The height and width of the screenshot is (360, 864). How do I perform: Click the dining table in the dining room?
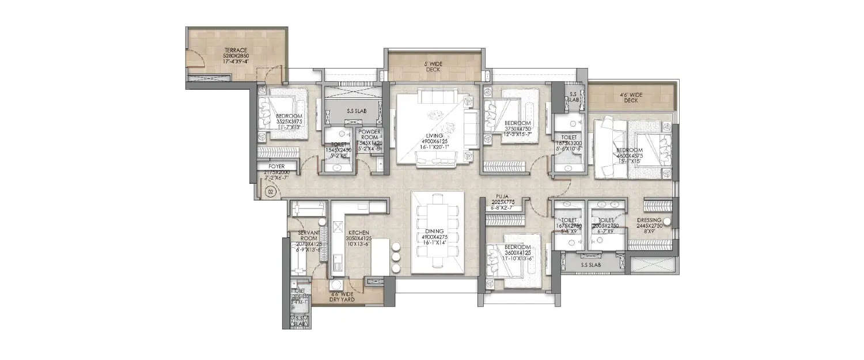(x=437, y=230)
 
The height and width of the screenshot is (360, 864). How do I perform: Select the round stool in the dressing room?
(x=667, y=222)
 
